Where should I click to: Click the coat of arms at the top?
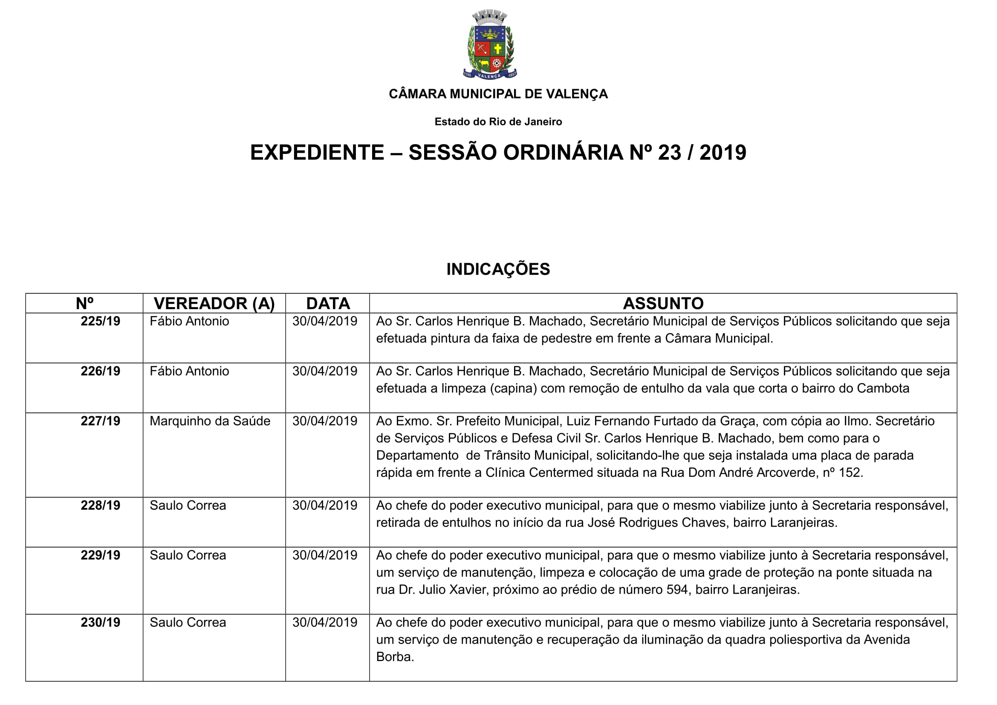point(490,45)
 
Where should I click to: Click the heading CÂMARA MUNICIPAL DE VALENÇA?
point(498,94)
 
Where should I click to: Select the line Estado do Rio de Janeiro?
point(498,122)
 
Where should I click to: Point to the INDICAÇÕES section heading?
point(498,269)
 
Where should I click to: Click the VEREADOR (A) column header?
point(214,303)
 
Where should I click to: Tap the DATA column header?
point(328,303)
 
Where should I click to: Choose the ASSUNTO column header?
point(663,303)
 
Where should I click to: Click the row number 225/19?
point(100,322)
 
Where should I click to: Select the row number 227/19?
point(100,421)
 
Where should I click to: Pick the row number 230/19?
point(100,622)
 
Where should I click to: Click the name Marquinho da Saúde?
point(210,421)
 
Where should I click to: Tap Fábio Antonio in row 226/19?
point(189,371)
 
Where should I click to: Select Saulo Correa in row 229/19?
point(188,556)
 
